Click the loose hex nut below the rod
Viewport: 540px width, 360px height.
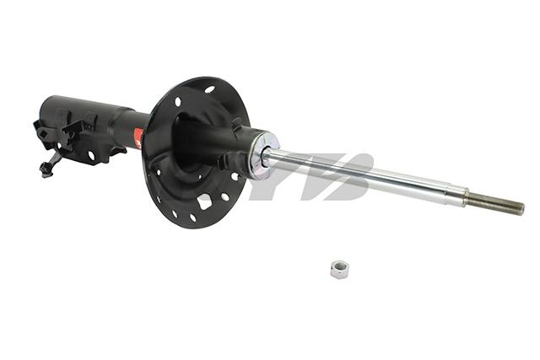pos(339,269)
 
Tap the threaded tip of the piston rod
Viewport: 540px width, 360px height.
pos(497,203)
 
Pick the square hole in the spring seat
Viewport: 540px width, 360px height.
pos(204,201)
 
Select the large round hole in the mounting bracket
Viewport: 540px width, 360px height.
pos(90,155)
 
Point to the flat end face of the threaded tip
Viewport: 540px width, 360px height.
pos(522,208)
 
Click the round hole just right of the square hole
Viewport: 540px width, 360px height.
pos(225,197)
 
